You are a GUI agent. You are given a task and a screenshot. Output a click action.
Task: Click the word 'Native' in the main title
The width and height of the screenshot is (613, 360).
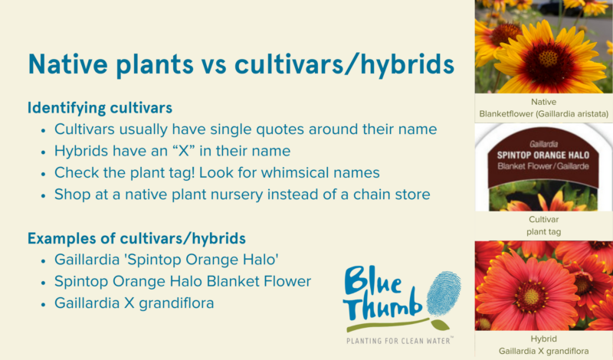[68, 64]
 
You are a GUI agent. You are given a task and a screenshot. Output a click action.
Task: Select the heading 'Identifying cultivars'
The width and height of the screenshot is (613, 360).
[100, 108]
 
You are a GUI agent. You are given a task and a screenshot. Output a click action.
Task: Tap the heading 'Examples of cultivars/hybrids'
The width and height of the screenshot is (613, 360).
[136, 238]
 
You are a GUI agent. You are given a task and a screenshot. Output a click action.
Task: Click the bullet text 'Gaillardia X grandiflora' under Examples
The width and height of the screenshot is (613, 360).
[134, 303]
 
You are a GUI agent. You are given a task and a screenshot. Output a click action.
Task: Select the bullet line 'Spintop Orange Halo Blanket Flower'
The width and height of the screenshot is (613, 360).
[182, 281]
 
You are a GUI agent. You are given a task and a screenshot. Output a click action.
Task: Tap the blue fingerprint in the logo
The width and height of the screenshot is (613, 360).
[444, 293]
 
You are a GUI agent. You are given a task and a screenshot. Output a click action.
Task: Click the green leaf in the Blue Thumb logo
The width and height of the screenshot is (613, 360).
[440, 325]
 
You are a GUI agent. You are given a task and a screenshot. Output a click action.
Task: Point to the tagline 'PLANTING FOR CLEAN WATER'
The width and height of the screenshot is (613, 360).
[398, 341]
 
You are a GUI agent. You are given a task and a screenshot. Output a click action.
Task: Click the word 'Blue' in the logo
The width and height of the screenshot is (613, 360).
[372, 280]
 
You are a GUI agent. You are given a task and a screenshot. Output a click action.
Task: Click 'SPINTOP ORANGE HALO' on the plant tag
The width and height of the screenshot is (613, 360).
[543, 155]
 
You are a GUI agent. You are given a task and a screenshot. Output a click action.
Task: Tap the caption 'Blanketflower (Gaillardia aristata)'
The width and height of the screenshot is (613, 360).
[544, 114]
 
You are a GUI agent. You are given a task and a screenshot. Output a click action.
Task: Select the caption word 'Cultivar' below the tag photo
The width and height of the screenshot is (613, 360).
[544, 219]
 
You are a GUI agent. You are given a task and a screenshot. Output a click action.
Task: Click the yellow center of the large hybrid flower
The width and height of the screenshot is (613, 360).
[531, 297]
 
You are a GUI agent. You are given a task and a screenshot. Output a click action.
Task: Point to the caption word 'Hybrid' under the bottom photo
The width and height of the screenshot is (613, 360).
[544, 339]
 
